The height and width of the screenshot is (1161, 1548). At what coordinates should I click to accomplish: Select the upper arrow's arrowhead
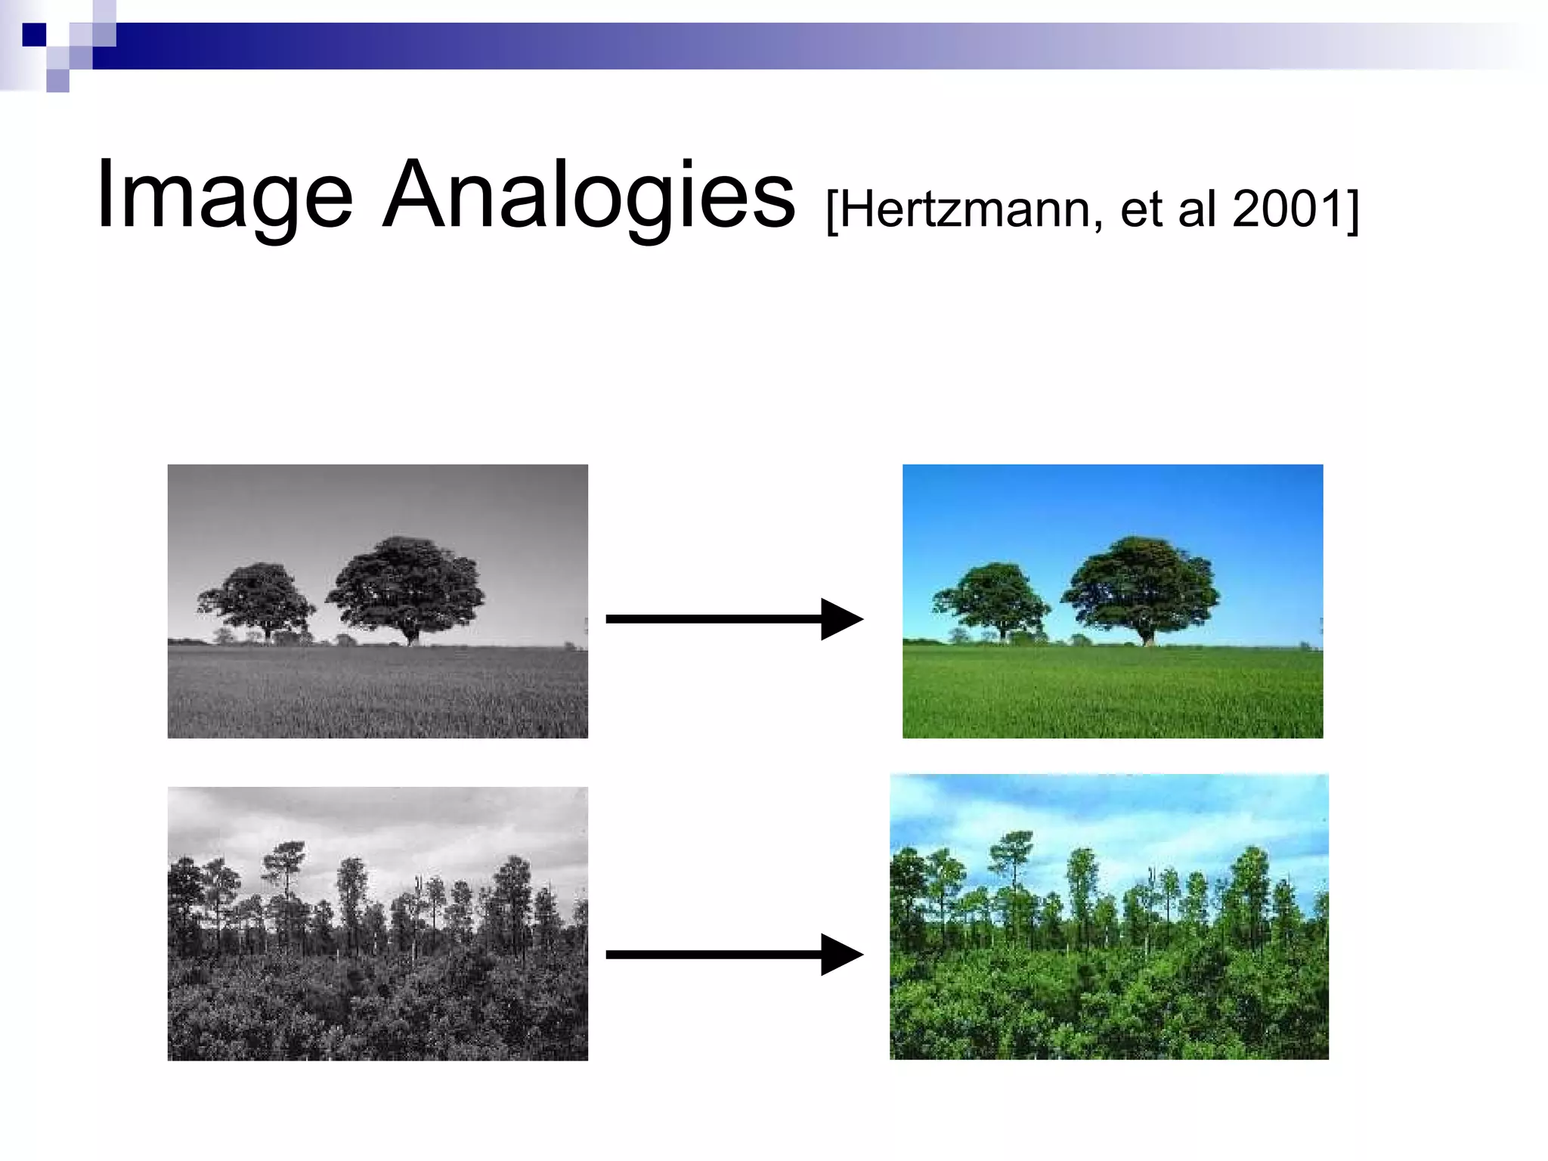[x=841, y=619]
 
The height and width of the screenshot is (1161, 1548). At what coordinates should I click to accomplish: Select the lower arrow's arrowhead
[x=841, y=955]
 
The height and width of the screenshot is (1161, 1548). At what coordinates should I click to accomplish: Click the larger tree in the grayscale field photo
[x=406, y=582]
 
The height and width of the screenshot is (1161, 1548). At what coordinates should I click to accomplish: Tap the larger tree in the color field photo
[x=1141, y=582]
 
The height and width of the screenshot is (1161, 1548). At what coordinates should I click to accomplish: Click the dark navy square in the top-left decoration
[x=34, y=35]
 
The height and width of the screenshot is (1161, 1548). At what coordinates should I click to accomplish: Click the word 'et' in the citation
[x=1141, y=209]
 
